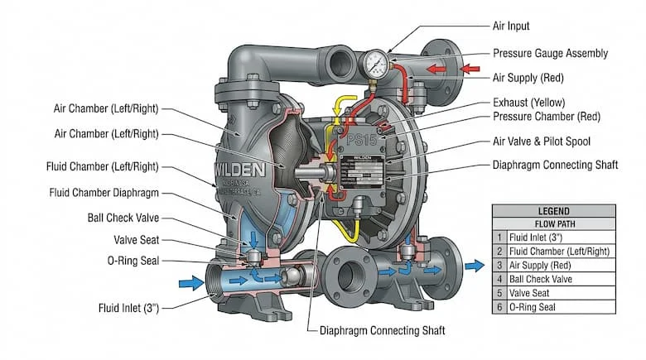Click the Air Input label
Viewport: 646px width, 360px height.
pos(511,26)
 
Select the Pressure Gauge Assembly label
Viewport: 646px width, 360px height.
pos(551,53)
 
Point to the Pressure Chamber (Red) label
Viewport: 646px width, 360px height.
pos(547,117)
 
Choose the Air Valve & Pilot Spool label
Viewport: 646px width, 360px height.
pos(553,142)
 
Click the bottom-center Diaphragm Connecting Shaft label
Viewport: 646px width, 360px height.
pos(382,330)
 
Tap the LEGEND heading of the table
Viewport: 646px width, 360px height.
pos(553,211)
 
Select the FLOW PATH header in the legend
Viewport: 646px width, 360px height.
pos(553,223)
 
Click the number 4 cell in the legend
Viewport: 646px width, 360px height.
pos(499,279)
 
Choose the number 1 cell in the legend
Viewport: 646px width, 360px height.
pos(499,237)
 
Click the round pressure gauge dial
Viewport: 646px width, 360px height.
pos(377,63)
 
